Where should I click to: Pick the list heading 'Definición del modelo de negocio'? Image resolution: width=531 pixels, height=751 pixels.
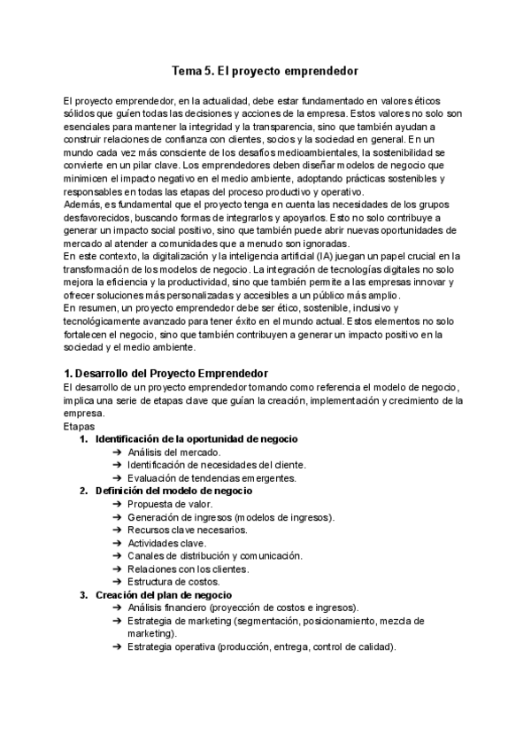point(174,491)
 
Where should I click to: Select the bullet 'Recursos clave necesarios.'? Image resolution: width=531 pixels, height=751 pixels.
point(187,530)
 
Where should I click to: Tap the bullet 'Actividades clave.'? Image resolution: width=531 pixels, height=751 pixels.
point(167,542)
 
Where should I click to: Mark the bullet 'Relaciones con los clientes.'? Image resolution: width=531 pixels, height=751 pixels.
point(189,569)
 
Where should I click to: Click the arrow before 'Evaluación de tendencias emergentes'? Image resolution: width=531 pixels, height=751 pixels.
point(118,478)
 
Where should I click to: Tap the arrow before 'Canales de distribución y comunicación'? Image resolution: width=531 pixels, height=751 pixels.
point(118,555)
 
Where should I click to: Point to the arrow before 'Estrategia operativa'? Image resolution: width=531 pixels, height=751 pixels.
point(118,646)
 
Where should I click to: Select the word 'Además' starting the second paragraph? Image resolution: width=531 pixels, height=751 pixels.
point(82,205)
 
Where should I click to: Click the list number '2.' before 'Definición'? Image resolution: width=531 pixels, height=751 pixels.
point(84,491)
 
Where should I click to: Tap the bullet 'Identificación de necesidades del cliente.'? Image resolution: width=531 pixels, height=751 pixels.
point(217,465)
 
